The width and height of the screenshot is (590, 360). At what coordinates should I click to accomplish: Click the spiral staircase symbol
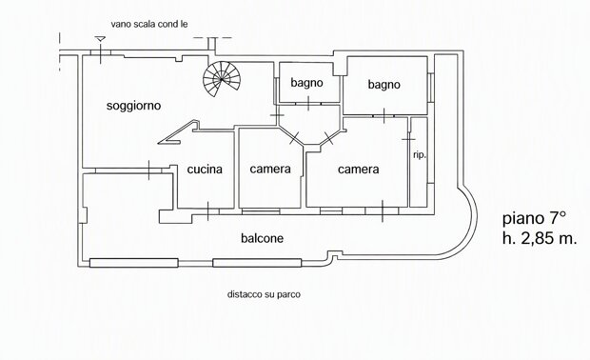pos(221,79)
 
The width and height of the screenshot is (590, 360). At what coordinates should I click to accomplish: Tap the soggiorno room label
pos(133,106)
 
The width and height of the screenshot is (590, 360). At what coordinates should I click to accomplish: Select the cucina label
pos(205,170)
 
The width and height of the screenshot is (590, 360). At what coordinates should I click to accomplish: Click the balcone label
pos(262,238)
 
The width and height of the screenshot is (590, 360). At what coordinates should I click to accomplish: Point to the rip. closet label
pos(420,155)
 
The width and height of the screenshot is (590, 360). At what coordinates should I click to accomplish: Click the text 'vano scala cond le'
pos(149,25)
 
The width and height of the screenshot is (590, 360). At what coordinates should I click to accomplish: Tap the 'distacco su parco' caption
pos(264,294)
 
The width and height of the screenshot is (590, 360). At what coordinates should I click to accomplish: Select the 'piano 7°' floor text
pos(534,219)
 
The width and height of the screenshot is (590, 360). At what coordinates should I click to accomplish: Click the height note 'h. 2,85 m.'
pos(540,238)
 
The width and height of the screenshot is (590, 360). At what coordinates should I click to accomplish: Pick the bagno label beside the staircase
pos(306,83)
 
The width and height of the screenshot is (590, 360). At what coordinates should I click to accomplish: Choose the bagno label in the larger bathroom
pos(383,85)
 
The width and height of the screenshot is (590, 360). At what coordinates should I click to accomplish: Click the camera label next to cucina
pos(270,170)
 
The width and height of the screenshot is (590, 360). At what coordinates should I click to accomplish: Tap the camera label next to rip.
pos(358,170)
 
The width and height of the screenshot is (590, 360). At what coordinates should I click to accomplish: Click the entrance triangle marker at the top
pos(100,39)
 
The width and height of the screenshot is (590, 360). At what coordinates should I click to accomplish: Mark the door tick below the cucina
pos(208,211)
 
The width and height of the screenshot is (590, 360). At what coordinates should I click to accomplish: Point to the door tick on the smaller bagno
pos(308,103)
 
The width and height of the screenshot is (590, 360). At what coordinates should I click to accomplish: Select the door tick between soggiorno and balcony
pos(149,170)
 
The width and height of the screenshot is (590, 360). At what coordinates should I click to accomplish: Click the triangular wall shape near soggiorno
pos(179,133)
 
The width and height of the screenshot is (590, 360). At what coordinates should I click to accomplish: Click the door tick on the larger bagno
pos(384,115)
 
